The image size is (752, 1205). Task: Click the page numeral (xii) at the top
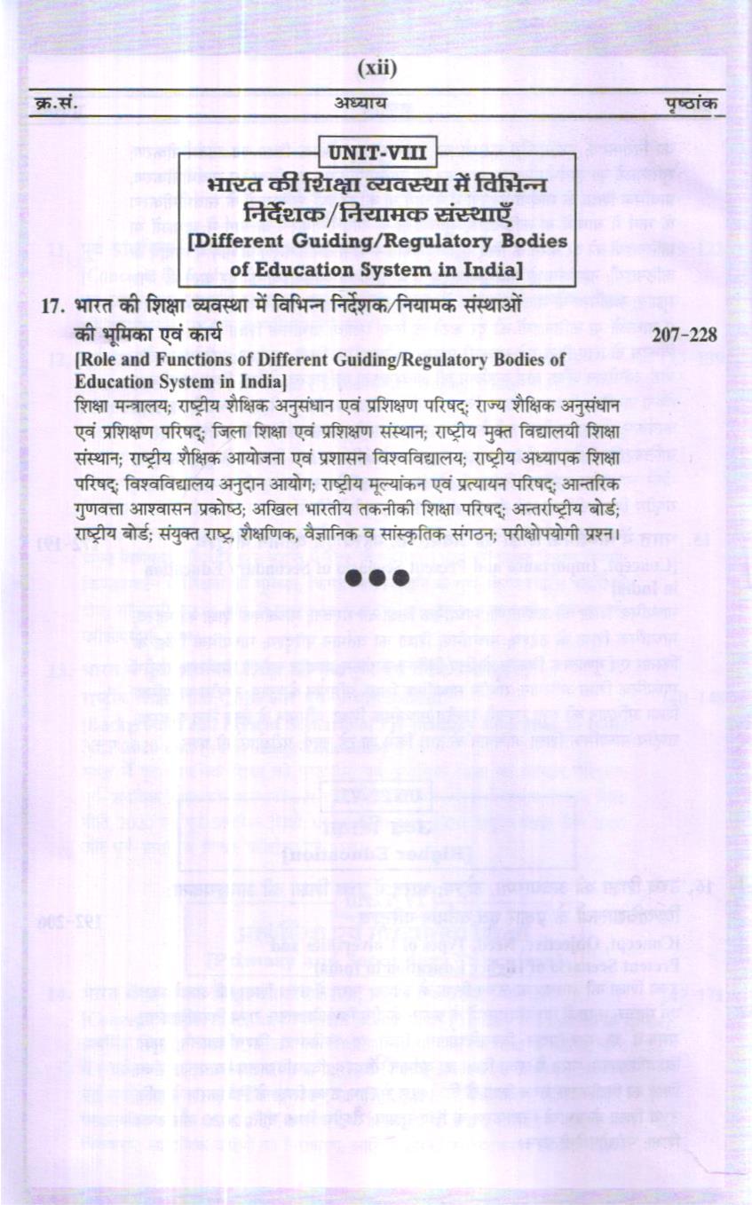pos(376,69)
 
